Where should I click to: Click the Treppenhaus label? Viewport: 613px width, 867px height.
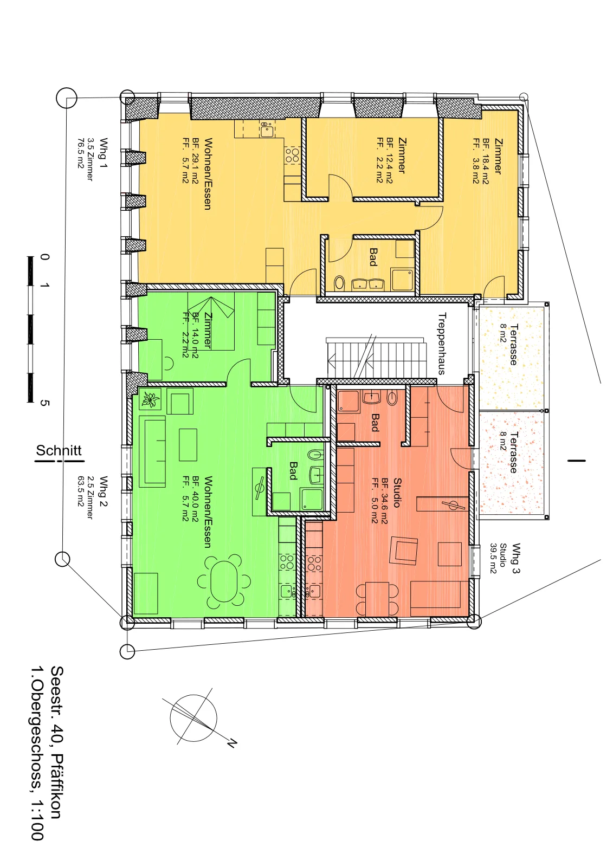[x=442, y=344]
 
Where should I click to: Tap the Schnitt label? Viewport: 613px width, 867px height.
[x=59, y=450]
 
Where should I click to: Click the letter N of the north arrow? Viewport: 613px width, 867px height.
[x=231, y=743]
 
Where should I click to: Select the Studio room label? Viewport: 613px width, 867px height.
[x=397, y=493]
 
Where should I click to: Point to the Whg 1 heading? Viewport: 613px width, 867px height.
[x=104, y=152]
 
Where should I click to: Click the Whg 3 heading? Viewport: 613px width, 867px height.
[x=516, y=558]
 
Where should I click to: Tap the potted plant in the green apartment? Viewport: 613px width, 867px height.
[x=150, y=399]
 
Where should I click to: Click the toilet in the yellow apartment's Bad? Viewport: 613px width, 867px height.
[x=339, y=283]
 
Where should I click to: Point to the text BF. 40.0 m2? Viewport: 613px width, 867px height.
[x=195, y=499]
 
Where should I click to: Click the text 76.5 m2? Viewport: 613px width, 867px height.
[x=81, y=153]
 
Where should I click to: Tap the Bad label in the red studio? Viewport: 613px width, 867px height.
[x=375, y=422]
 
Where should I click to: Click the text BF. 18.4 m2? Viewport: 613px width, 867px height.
[x=486, y=161]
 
